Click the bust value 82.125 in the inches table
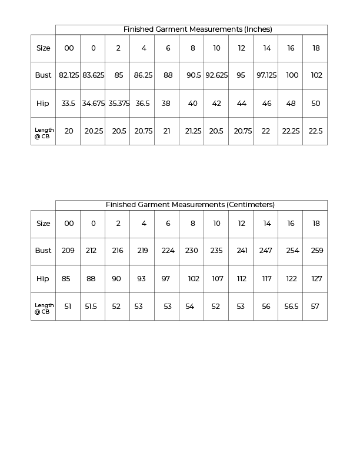[x=69, y=75]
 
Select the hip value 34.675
[x=93, y=104]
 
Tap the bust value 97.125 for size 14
[x=266, y=75]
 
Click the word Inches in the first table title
[x=258, y=29]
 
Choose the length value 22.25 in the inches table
[x=291, y=131]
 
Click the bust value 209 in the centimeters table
[x=68, y=251]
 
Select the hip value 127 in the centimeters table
[x=316, y=279]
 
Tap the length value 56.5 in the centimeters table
[x=291, y=307]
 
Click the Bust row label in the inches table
[x=43, y=75]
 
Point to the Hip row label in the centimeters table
[x=42, y=279]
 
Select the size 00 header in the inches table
[x=69, y=48]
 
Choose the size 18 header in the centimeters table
[x=316, y=224]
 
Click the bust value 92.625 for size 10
[x=216, y=75]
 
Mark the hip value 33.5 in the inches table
[x=68, y=104]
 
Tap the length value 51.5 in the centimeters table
[x=90, y=307]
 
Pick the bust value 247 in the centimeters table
[x=265, y=251]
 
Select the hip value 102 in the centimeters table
[x=194, y=279]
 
